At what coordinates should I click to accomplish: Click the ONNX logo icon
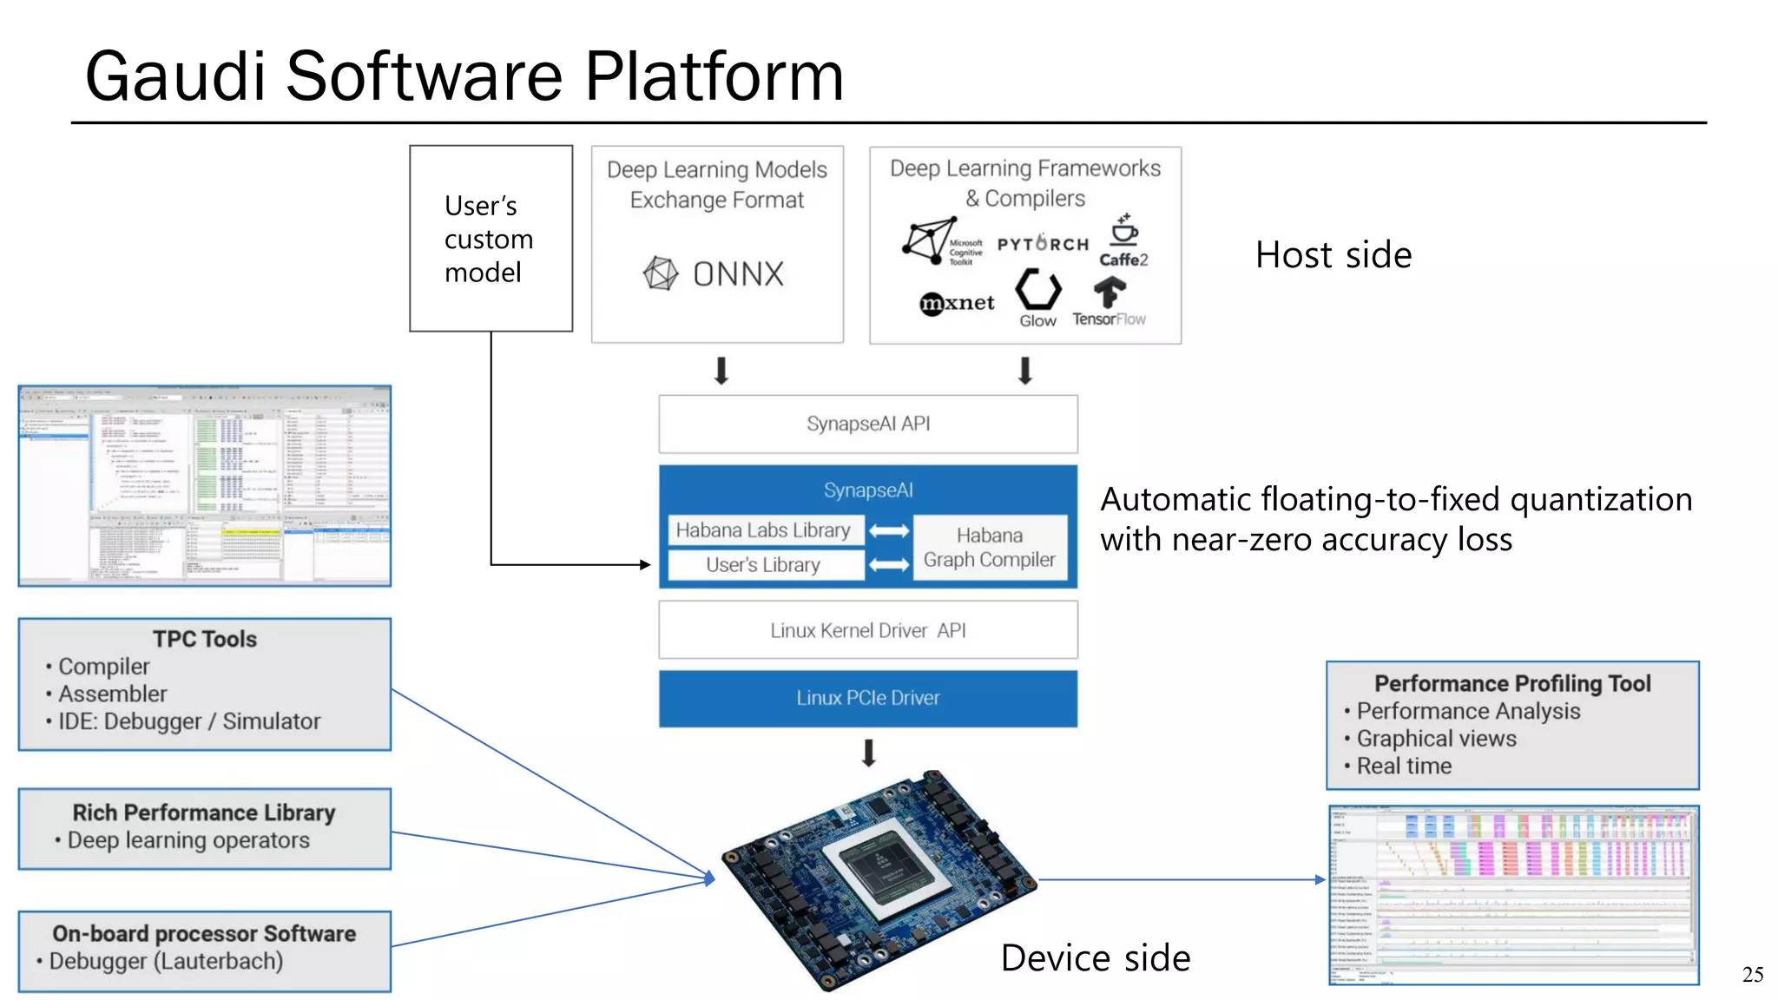(x=661, y=273)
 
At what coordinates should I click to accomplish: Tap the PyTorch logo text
(x=1043, y=244)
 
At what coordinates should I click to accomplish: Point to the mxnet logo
(x=957, y=303)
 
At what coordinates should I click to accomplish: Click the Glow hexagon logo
(x=1038, y=291)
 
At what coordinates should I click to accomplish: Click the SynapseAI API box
(x=868, y=424)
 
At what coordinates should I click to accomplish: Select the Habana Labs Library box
(x=764, y=530)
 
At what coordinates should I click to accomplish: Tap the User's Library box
(x=764, y=565)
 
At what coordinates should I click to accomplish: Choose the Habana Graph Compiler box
(x=990, y=548)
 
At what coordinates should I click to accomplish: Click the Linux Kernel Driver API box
(x=868, y=630)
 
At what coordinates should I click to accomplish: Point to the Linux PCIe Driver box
(x=868, y=698)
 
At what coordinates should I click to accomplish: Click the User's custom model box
(x=491, y=239)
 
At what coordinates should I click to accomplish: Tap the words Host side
(x=1333, y=255)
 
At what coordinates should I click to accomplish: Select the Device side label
(x=1096, y=958)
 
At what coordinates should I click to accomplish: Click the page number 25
(x=1752, y=975)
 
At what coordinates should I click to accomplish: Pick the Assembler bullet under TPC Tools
(x=113, y=694)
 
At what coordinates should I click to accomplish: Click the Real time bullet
(x=1404, y=766)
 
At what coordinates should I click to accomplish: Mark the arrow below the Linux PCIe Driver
(x=868, y=752)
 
